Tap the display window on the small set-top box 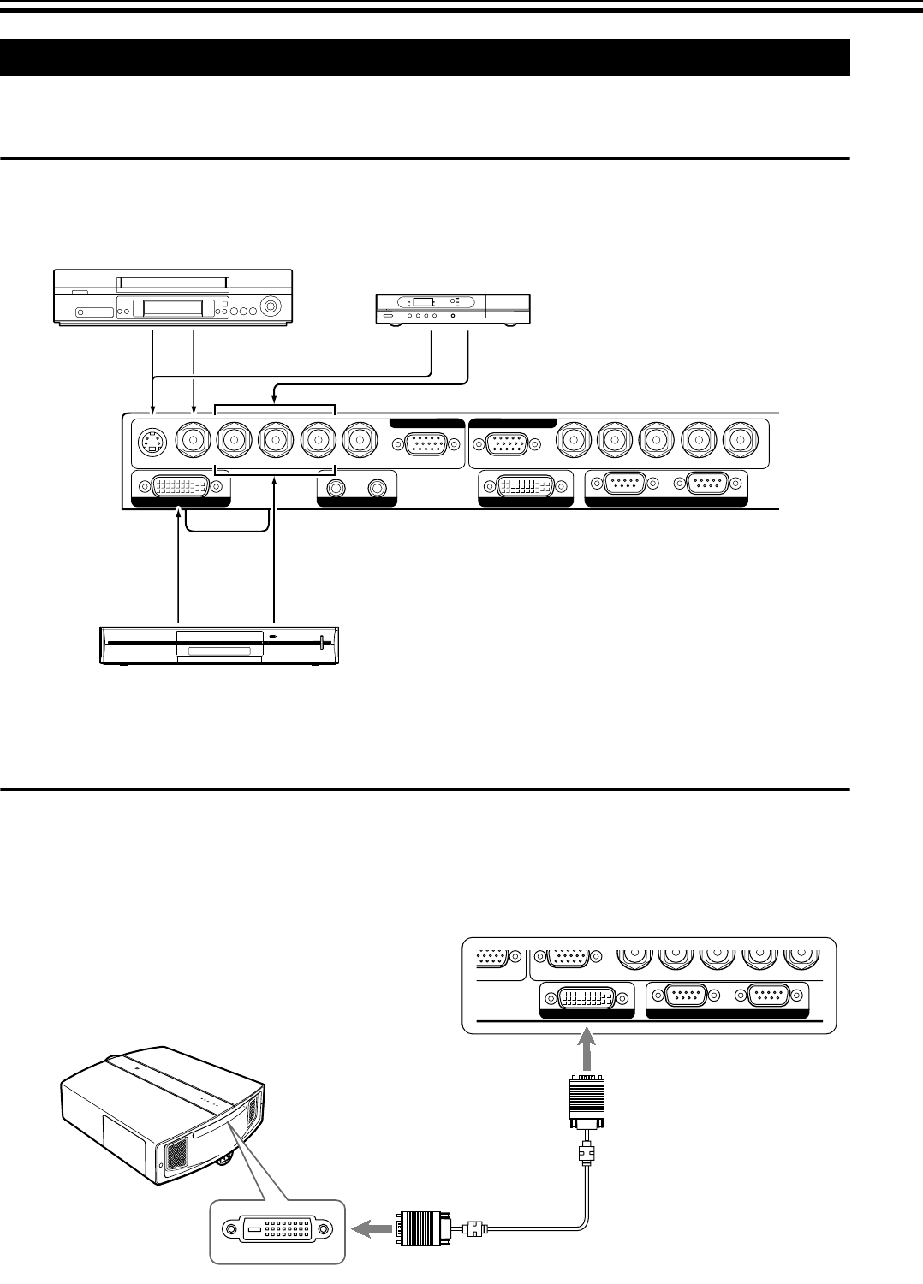point(423,303)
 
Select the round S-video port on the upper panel point(152,442)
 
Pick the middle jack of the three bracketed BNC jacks point(275,442)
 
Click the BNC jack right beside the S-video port point(194,442)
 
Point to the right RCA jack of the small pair point(377,488)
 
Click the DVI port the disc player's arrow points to point(180,488)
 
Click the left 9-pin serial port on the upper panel point(624,484)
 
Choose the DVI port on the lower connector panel point(587,997)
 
